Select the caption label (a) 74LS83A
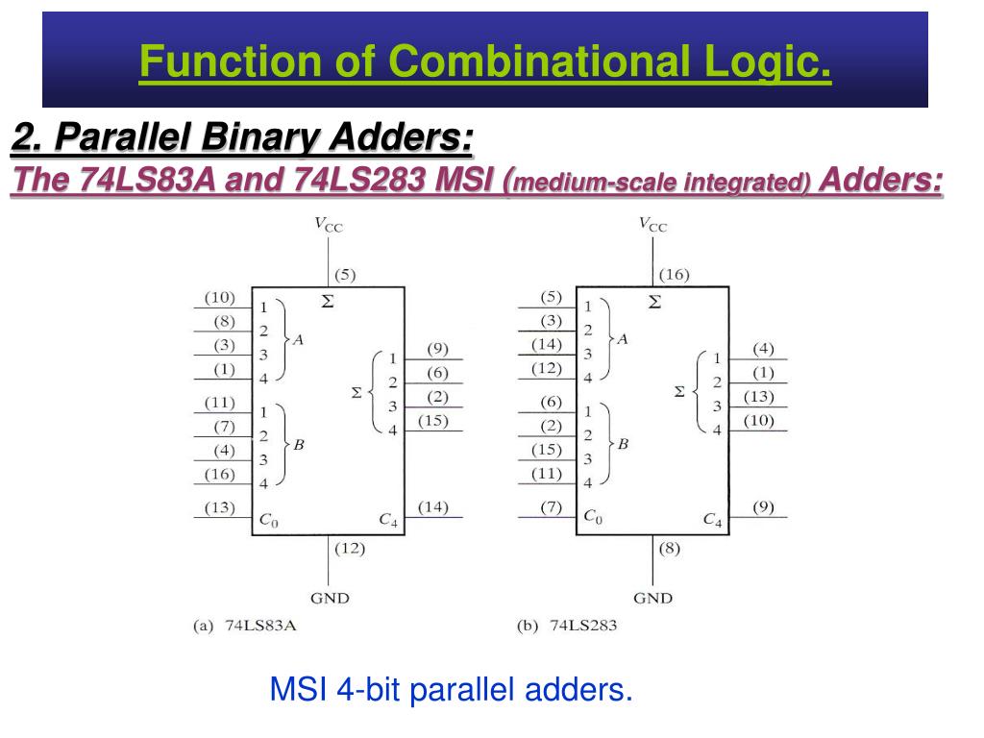pos(246,627)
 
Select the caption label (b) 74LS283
pos(567,627)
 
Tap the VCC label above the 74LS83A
pos(328,225)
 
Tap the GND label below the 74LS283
pos(652,598)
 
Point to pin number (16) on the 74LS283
pos(674,275)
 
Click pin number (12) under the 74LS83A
pos(349,549)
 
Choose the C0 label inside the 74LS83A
pos(268,520)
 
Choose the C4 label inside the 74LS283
pos(712,520)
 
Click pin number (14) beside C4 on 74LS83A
pos(433,507)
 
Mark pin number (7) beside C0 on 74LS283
pos(550,507)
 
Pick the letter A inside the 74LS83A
pos(298,339)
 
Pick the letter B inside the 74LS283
pos(623,444)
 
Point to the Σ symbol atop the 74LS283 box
pos(655,302)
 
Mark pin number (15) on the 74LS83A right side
pos(433,420)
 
